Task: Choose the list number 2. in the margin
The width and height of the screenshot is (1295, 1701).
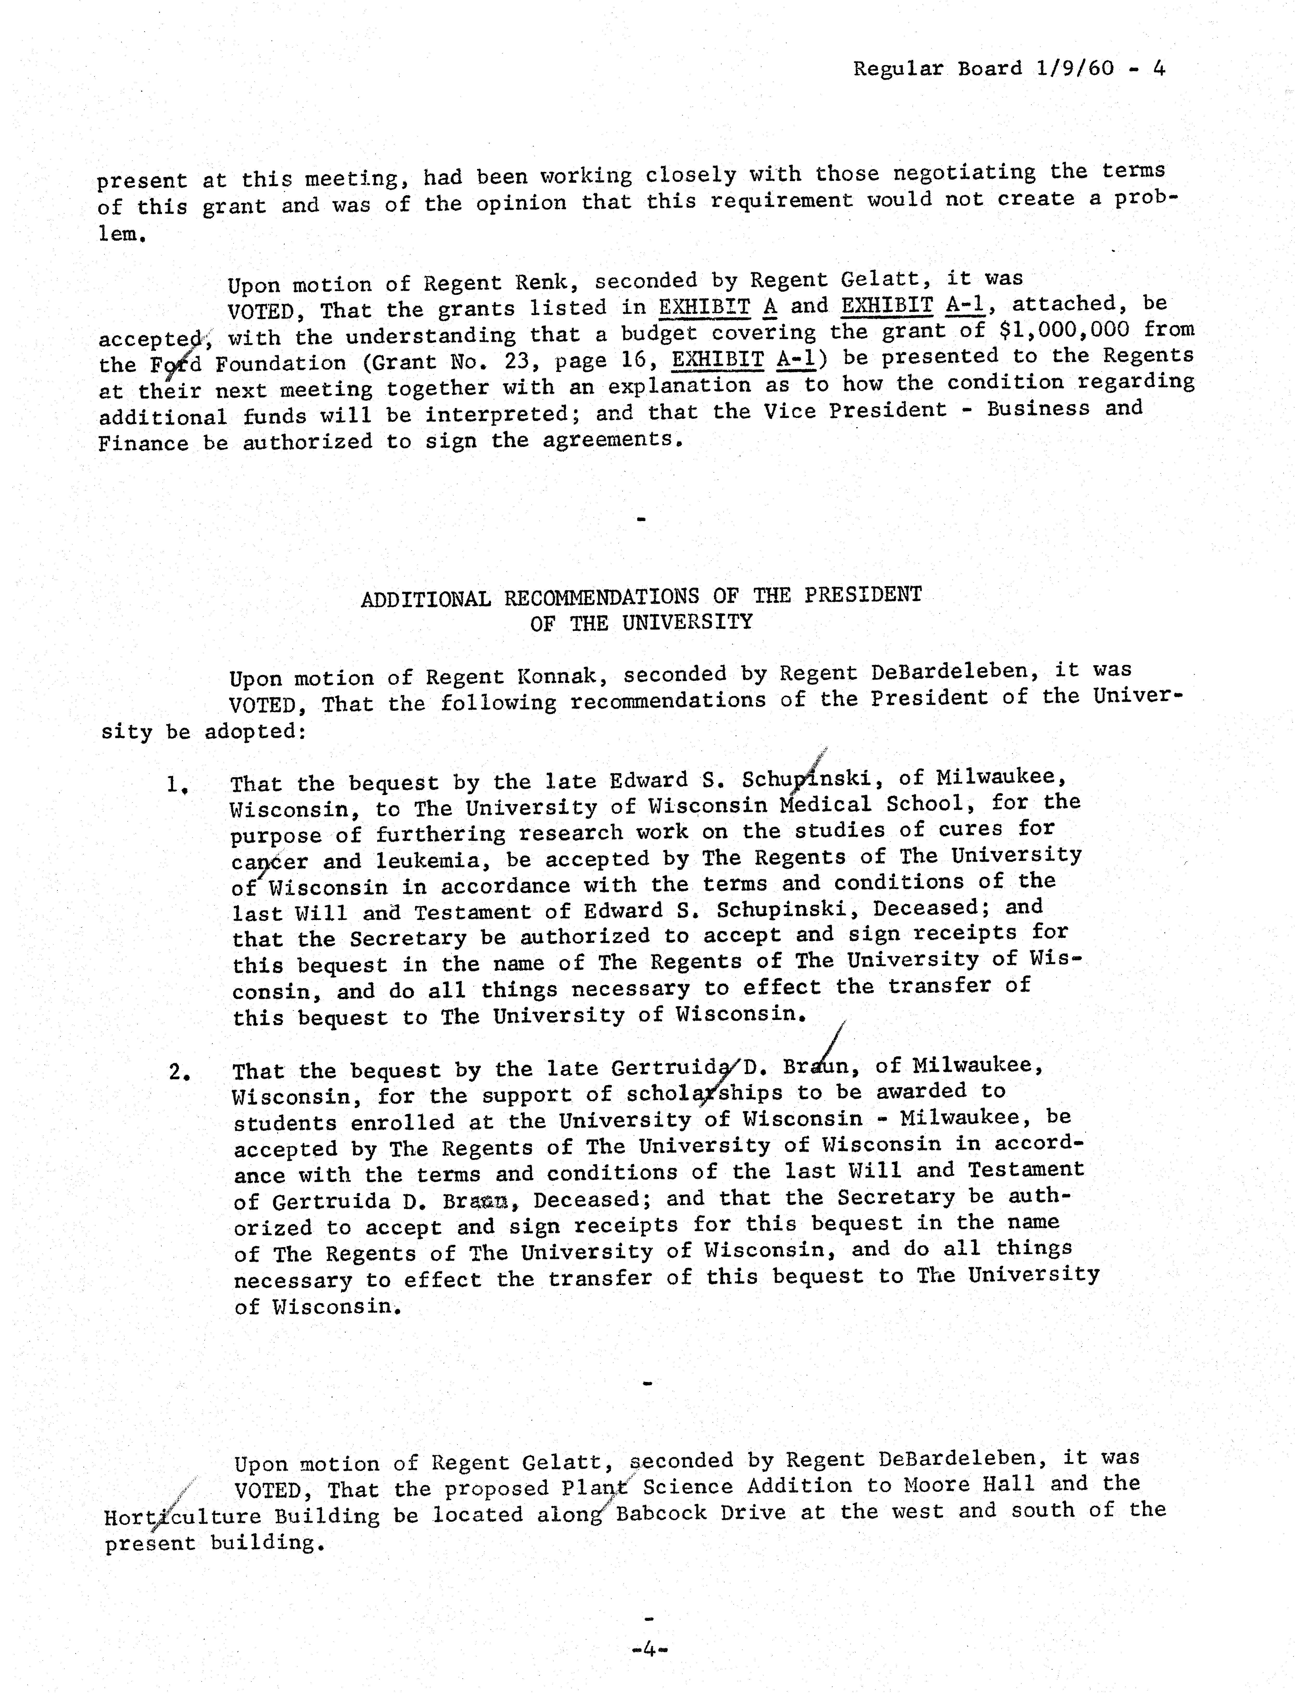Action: coord(180,1072)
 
